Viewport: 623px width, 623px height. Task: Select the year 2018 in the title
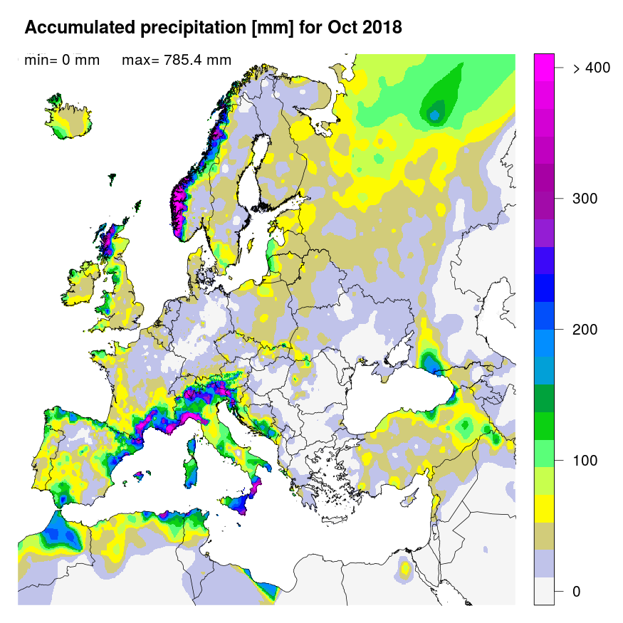click(x=382, y=28)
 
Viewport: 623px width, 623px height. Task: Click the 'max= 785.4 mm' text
click(x=177, y=61)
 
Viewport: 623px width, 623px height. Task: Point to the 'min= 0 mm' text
click(x=62, y=61)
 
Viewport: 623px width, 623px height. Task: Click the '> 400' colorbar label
click(x=591, y=68)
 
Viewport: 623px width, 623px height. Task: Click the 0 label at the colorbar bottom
click(x=577, y=592)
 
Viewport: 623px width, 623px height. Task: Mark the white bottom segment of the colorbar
click(x=544, y=591)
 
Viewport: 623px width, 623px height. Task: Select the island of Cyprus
click(x=411, y=496)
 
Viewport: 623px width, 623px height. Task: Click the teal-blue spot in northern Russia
click(x=434, y=112)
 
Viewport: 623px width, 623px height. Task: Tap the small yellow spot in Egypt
click(x=404, y=568)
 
